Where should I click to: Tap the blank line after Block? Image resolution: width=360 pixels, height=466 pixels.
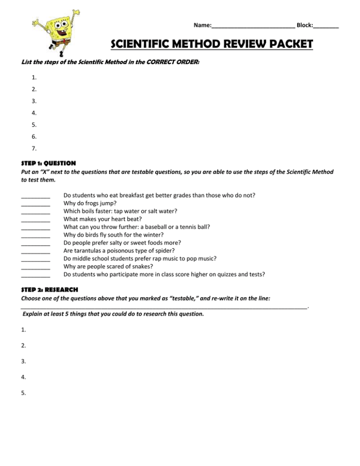[x=326, y=26]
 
